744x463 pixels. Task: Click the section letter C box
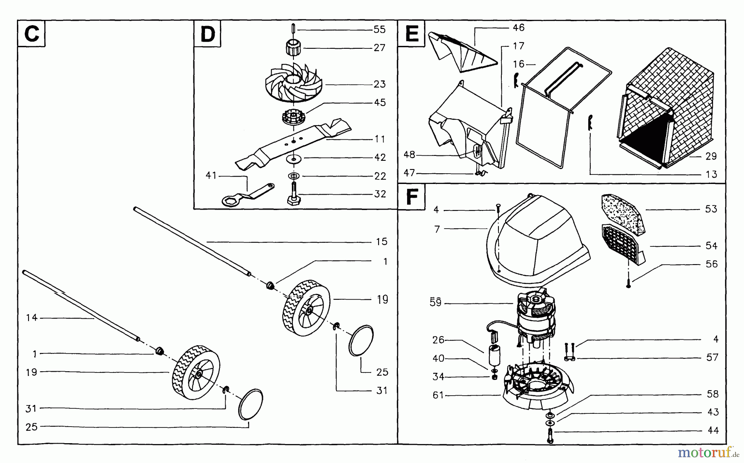point(31,33)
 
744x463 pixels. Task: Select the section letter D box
point(207,33)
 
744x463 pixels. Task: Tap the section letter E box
point(412,33)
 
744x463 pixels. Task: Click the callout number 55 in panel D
point(379,29)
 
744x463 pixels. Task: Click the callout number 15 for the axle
point(382,241)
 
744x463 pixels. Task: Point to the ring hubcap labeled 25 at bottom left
point(250,404)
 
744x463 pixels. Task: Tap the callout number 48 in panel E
point(409,155)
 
